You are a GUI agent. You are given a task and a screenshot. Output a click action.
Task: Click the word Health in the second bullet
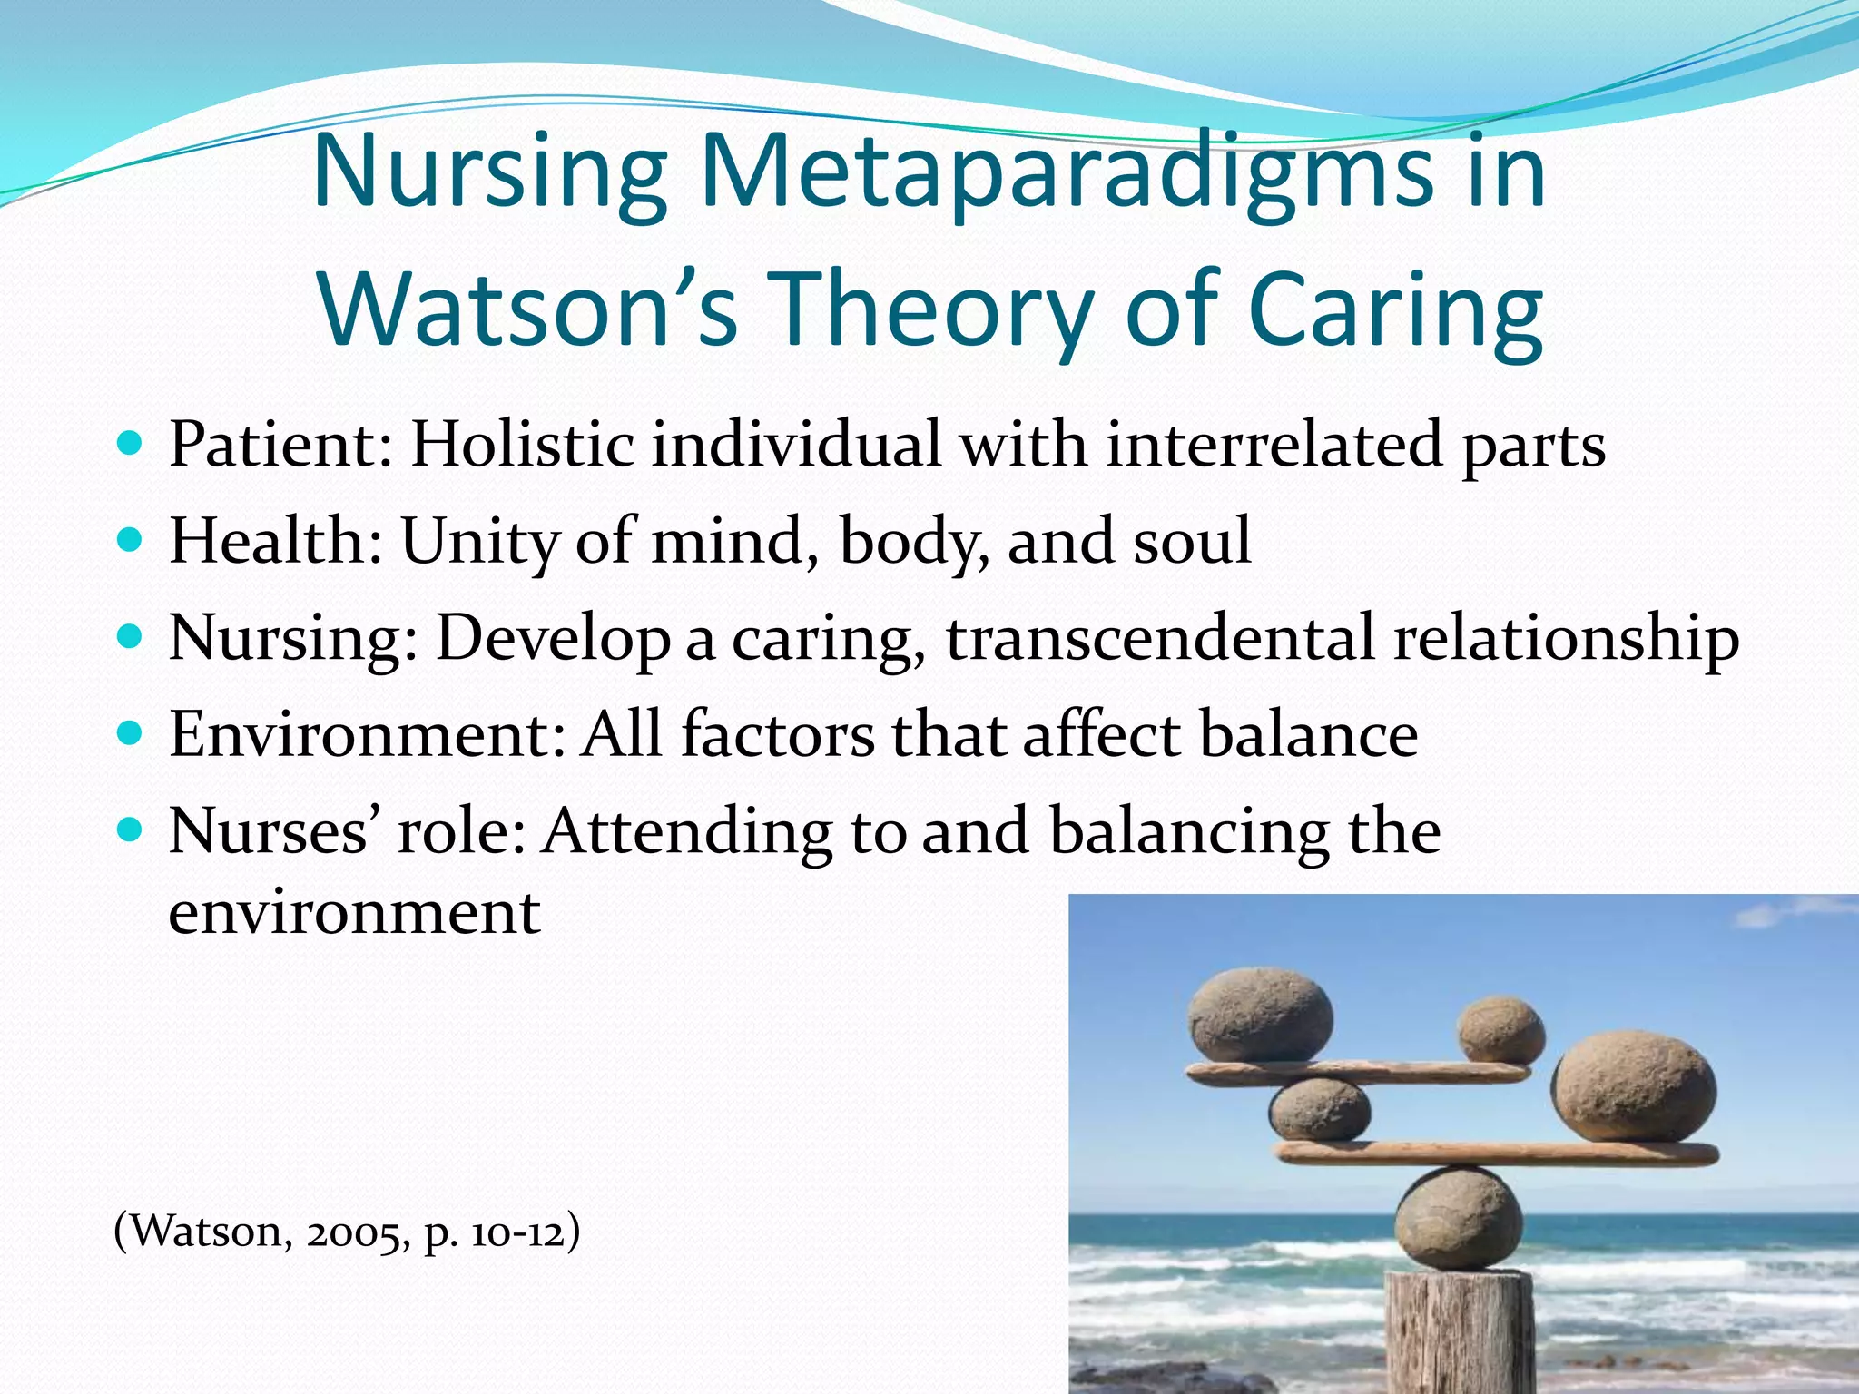275,542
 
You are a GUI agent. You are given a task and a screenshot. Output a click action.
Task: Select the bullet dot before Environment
131,733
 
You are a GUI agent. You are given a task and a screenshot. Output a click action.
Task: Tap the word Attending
685,833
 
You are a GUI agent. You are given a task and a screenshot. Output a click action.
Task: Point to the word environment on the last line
354,912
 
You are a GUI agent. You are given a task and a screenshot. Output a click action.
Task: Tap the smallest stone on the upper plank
1500,1030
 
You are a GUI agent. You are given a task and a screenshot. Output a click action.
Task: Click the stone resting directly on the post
1459,1218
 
